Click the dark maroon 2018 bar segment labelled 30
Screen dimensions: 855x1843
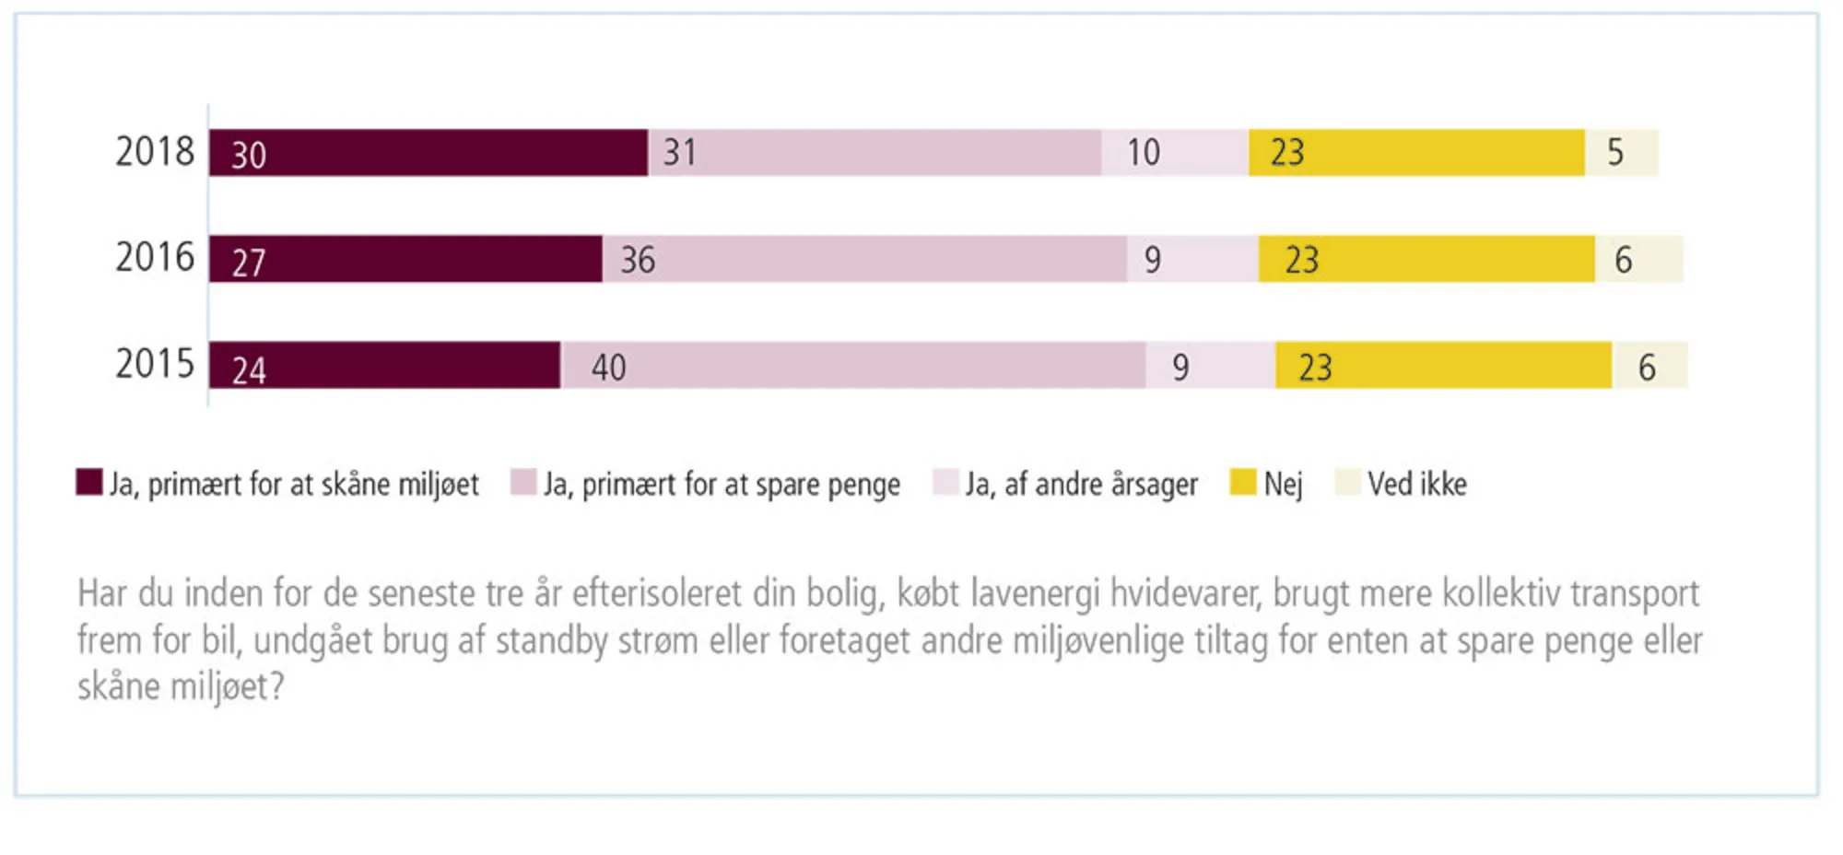[428, 153]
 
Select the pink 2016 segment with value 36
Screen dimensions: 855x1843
[864, 259]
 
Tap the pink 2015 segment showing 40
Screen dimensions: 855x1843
[853, 366]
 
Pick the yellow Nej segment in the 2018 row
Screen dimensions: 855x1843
[1416, 153]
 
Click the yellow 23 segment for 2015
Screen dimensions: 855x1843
[1443, 366]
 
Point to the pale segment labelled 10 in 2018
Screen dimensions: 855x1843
[1175, 153]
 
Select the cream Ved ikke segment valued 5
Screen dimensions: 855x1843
[1621, 153]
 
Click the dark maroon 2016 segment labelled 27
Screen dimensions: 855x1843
[405, 259]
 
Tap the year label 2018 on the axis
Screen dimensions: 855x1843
[155, 152]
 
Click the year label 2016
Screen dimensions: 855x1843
[155, 258]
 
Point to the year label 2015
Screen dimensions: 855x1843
[155, 365]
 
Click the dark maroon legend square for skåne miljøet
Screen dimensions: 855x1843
[89, 483]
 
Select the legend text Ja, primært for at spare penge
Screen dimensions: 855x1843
[722, 485]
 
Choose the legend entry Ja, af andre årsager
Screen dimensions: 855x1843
[1081, 485]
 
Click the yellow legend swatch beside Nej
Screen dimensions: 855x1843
[1242, 482]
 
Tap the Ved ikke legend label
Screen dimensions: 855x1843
[1416, 485]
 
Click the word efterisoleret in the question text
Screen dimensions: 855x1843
[656, 594]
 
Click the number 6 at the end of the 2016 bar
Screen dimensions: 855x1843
[1623, 261]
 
